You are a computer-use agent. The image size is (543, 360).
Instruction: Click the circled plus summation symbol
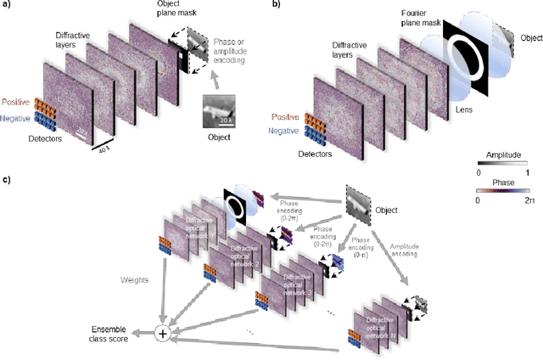(x=162, y=334)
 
